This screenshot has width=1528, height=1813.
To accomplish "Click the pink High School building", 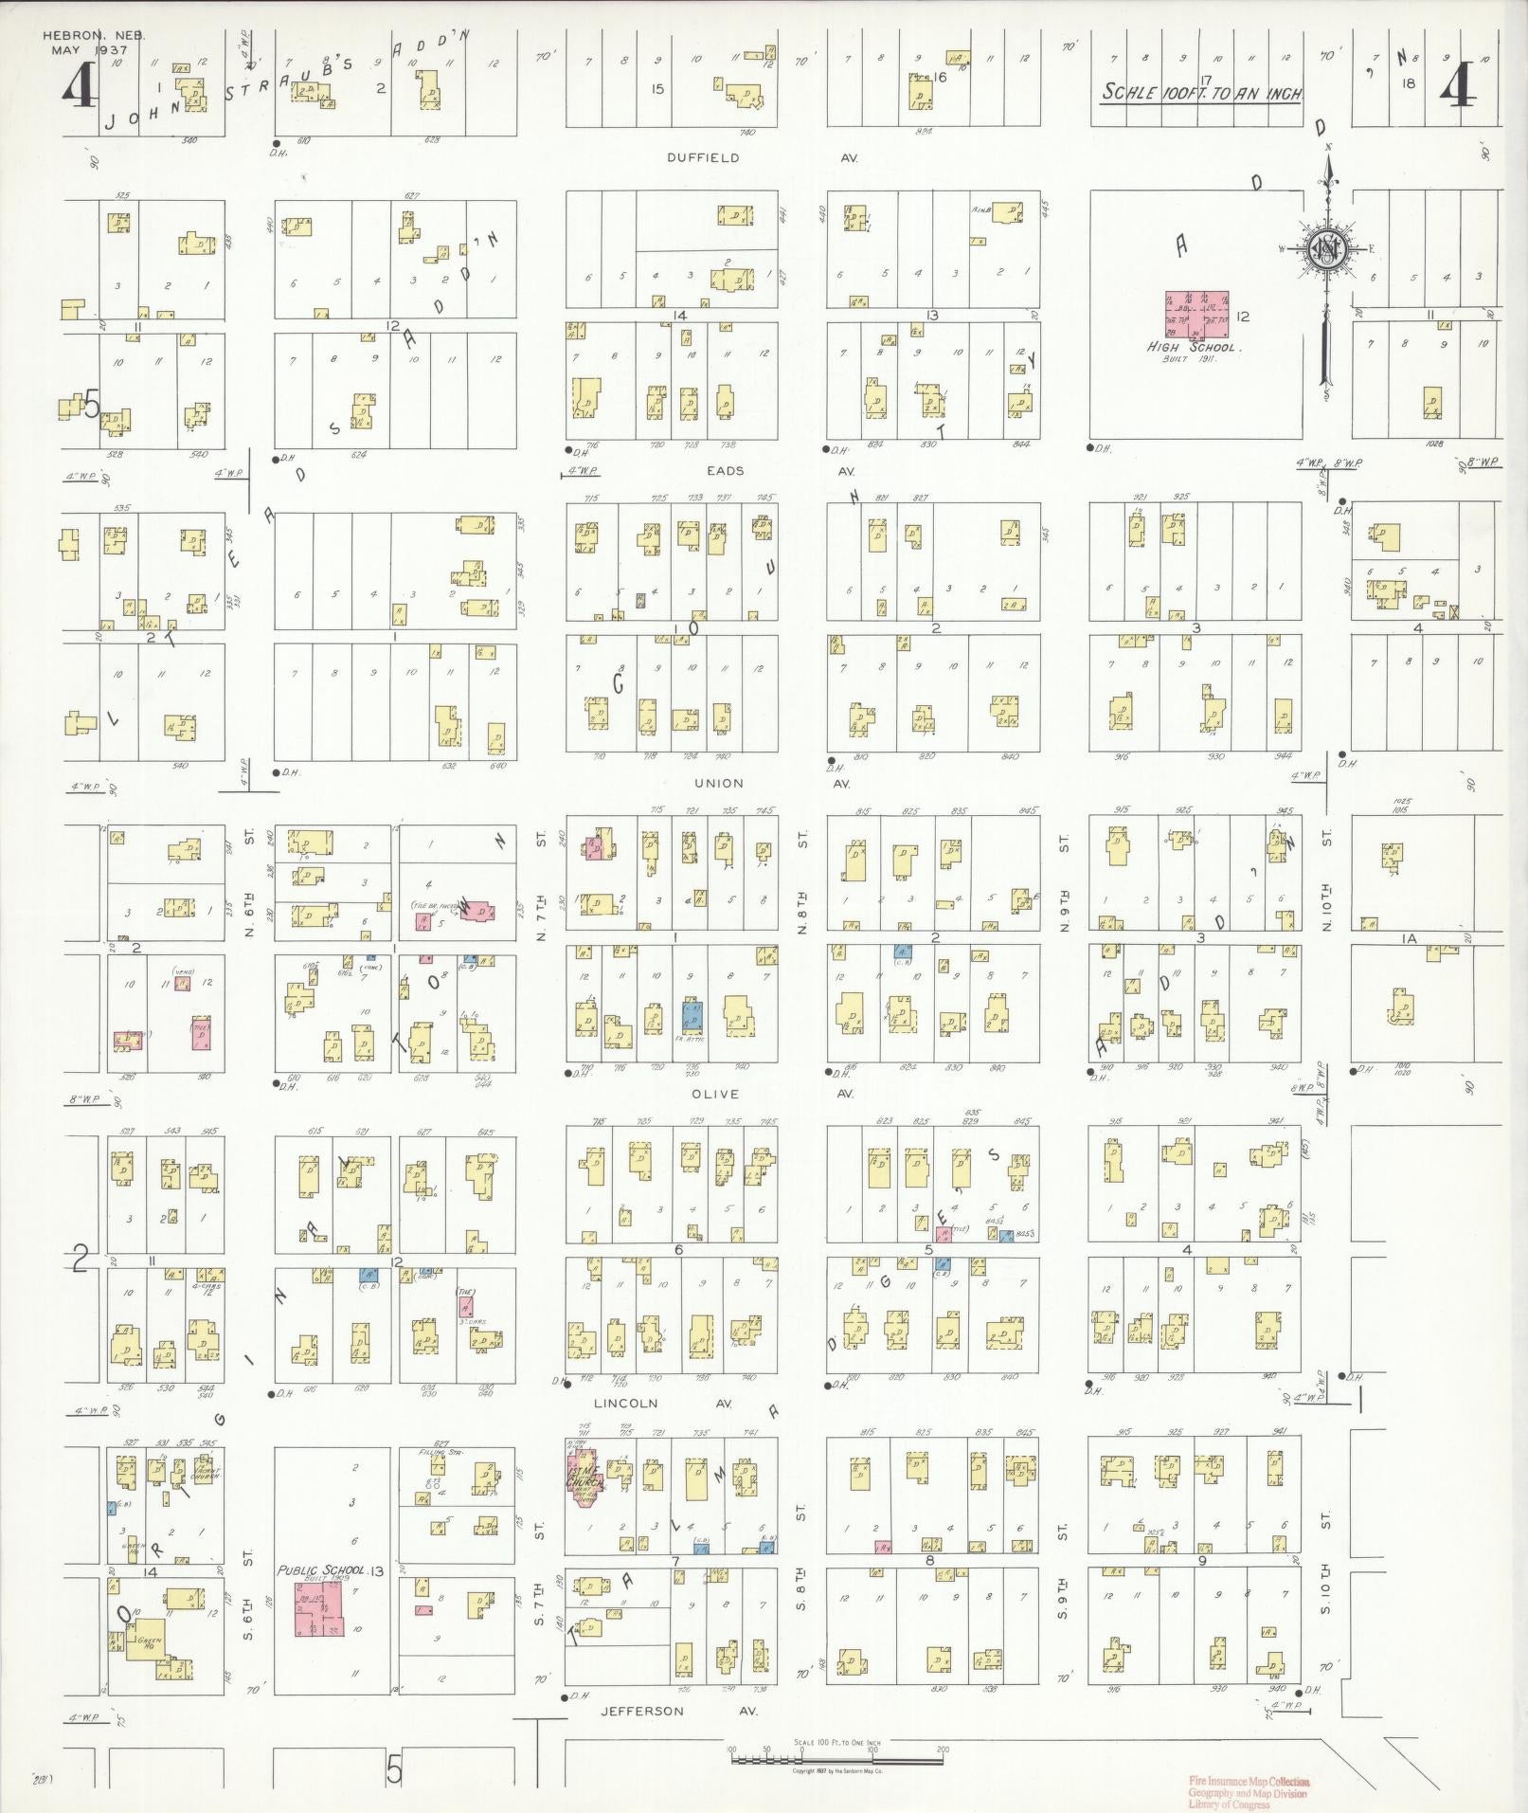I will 1196,317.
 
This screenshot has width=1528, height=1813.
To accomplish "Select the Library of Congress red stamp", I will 1248,1790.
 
